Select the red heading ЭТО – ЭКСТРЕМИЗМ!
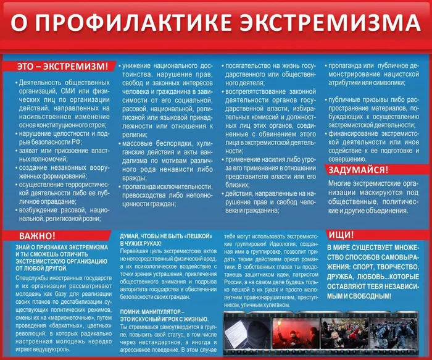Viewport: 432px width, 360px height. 62,66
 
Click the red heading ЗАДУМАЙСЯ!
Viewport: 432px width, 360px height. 358,170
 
